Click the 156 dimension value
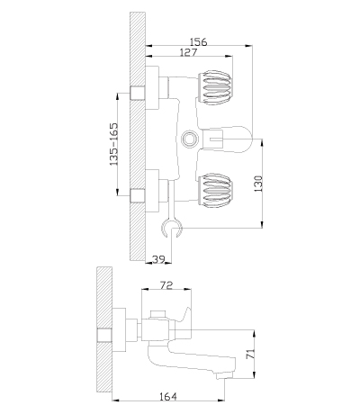(199, 41)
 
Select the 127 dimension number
(189, 52)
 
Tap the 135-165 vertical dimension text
(113, 144)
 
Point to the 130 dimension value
(258, 184)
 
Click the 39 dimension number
(158, 259)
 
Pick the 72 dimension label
(166, 284)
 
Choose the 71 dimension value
(250, 354)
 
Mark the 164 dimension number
(168, 396)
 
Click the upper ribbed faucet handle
(214, 88)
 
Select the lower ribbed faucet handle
(214, 190)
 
